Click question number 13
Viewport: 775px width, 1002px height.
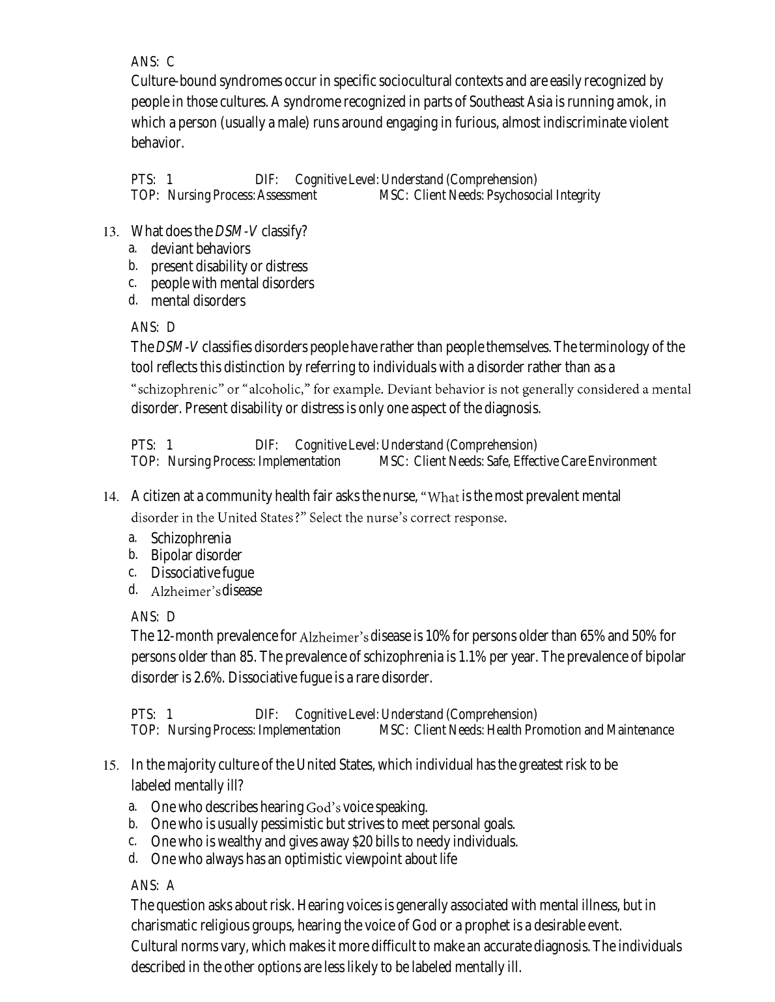tap(110, 232)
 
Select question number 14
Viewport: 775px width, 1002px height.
tap(110, 497)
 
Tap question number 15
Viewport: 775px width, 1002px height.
tap(110, 765)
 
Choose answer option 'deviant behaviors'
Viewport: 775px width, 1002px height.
tap(200, 249)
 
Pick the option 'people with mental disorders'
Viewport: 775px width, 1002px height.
tap(232, 283)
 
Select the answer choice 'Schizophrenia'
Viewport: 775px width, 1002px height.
tap(190, 538)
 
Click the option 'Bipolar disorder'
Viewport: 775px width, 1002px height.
tap(196, 555)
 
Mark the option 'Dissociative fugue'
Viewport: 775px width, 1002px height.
tap(202, 573)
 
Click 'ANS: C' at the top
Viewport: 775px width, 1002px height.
tap(152, 62)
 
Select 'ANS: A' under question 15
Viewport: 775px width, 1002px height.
tap(152, 886)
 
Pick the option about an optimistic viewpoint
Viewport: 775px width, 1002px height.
tap(303, 859)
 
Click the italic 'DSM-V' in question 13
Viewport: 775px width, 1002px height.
tap(236, 232)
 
